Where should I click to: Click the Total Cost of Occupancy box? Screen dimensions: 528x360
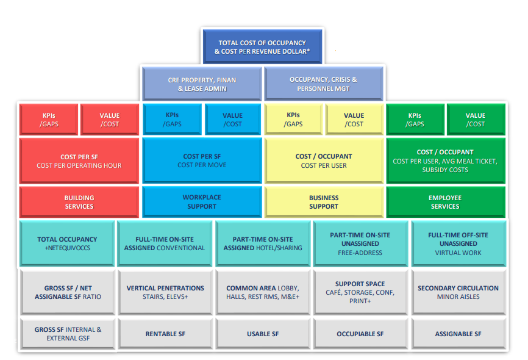(262, 46)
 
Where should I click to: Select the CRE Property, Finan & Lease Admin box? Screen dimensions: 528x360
(202, 84)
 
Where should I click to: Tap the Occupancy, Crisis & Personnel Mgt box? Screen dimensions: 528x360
(324, 84)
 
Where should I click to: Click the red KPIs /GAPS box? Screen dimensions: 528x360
(49, 120)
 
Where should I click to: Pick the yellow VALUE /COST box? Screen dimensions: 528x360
(354, 120)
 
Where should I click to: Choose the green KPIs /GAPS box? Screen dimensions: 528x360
(415, 120)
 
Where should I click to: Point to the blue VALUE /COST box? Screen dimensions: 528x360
(233, 120)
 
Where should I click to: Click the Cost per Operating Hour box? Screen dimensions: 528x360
(79, 161)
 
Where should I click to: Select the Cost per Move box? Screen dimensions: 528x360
(202, 160)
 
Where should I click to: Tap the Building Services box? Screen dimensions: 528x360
(79, 202)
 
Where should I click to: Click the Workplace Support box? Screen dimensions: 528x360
(202, 201)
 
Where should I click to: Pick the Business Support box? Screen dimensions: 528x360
(324, 202)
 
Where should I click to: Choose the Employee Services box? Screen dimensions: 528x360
(446, 202)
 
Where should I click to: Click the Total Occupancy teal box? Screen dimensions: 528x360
(67, 243)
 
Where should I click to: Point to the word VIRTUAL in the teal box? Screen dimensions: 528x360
(446, 253)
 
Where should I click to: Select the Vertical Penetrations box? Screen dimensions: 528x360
(165, 292)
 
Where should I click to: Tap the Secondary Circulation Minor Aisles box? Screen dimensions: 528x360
(458, 292)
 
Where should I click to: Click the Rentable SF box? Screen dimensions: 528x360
(165, 334)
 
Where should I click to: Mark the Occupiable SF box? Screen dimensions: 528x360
(360, 334)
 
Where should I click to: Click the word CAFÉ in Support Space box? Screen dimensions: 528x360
(334, 293)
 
